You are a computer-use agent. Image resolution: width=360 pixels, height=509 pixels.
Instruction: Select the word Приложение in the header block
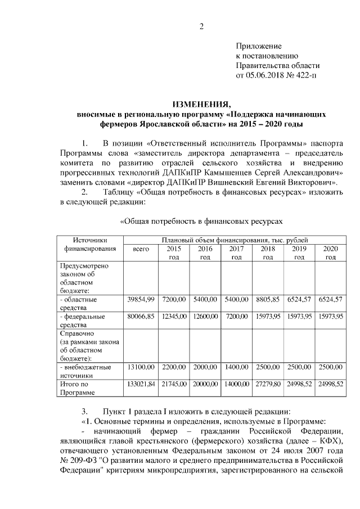[258, 46]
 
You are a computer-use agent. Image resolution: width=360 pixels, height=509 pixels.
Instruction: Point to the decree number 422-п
[304, 75]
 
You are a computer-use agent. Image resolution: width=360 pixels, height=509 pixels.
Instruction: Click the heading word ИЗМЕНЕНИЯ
[201, 104]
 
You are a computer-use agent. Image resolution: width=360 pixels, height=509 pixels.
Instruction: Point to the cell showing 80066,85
[140, 317]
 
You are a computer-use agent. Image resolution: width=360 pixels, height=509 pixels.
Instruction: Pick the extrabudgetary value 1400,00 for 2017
[236, 367]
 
